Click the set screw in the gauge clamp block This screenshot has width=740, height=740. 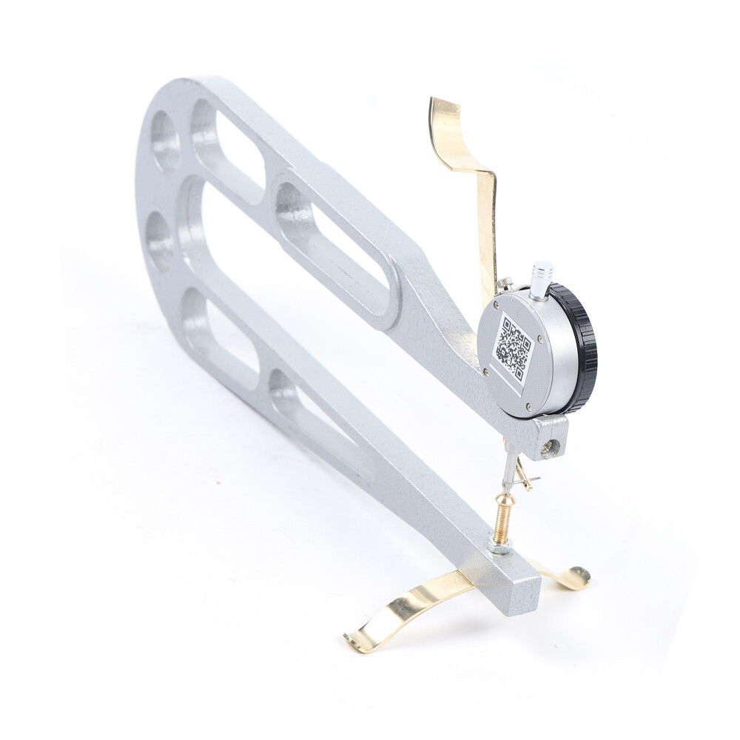(x=548, y=446)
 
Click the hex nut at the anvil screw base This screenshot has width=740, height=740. (x=497, y=546)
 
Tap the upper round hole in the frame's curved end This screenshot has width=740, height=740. (x=165, y=141)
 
